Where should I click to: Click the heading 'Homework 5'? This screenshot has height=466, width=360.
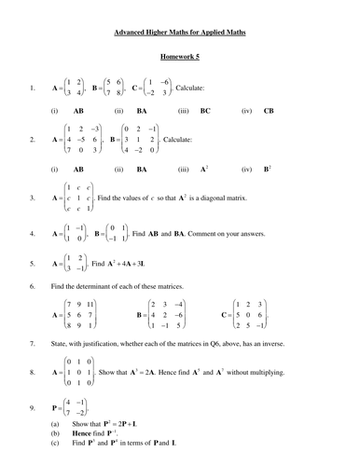tap(181, 56)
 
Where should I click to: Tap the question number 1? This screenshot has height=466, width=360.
tap(33, 89)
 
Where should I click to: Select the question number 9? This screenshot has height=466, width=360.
tap(33, 408)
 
